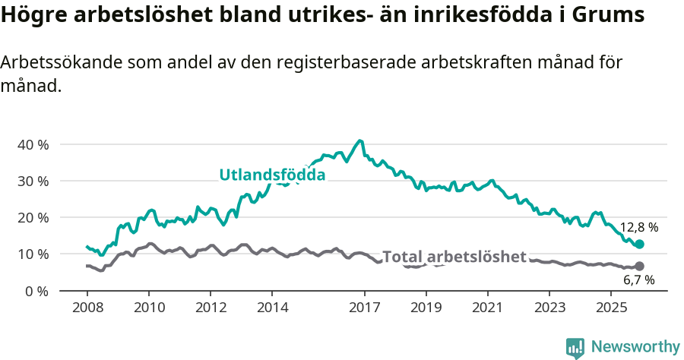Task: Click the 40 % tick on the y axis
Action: click(x=33, y=144)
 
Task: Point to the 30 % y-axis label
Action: click(x=33, y=181)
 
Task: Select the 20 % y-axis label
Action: click(x=33, y=217)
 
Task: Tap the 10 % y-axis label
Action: click(x=33, y=254)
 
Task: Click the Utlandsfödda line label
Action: click(x=272, y=175)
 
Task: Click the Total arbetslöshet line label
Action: click(x=454, y=257)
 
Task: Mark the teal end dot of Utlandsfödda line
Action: click(x=639, y=244)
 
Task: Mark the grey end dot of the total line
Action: click(x=639, y=266)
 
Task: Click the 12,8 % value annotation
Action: click(x=638, y=227)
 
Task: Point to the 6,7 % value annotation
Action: click(x=638, y=280)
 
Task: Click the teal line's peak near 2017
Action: click(x=360, y=141)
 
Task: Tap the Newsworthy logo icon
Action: click(x=575, y=347)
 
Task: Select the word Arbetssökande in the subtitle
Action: click(x=49, y=63)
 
